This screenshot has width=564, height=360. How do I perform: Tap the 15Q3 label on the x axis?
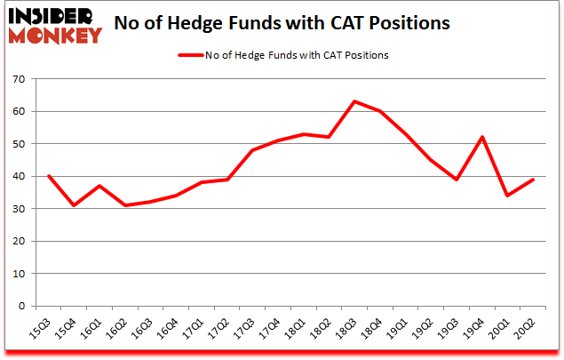pyautogui.click(x=42, y=333)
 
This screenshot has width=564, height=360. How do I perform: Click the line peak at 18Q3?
pyautogui.click(x=354, y=102)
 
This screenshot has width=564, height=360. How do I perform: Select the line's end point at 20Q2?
pyautogui.click(x=534, y=180)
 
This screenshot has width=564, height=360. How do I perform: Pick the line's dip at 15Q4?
pyautogui.click(x=73, y=205)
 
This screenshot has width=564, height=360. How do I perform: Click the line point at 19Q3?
pyautogui.click(x=457, y=180)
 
